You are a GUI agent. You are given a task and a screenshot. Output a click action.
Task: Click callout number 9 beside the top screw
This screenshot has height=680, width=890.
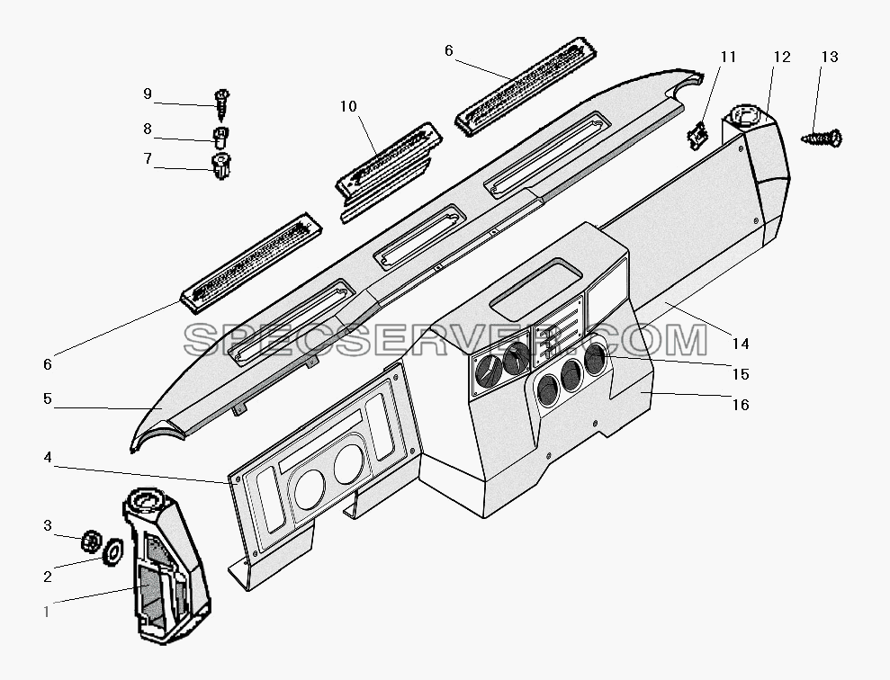[x=148, y=94]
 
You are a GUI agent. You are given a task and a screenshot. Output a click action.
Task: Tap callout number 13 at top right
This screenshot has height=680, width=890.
[x=830, y=57]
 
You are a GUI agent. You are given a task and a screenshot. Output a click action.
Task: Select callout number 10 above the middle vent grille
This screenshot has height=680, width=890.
[x=348, y=106]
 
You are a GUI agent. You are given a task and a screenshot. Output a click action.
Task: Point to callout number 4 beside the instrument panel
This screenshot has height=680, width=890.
[x=48, y=457]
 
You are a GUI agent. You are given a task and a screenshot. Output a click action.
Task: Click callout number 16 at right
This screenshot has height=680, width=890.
[x=741, y=405]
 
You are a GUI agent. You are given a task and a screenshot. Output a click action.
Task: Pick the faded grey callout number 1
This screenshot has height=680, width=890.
[x=47, y=612]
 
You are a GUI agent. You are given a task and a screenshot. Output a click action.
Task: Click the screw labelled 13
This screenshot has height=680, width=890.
[x=822, y=138]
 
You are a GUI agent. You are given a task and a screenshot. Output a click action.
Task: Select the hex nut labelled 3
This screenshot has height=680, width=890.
[x=90, y=541]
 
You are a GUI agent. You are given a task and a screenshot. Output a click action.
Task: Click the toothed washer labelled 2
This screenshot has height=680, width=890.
[x=113, y=550]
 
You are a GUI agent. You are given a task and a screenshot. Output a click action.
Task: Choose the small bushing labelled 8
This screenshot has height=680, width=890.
[x=220, y=138]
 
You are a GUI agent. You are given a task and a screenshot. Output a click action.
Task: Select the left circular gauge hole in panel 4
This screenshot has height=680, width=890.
[x=310, y=489]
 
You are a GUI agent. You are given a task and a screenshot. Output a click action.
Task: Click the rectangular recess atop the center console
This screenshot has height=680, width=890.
[x=535, y=287]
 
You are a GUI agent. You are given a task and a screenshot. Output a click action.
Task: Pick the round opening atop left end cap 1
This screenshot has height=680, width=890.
[x=146, y=501]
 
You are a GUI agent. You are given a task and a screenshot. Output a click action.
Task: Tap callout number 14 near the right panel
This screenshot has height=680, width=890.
[x=741, y=344]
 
